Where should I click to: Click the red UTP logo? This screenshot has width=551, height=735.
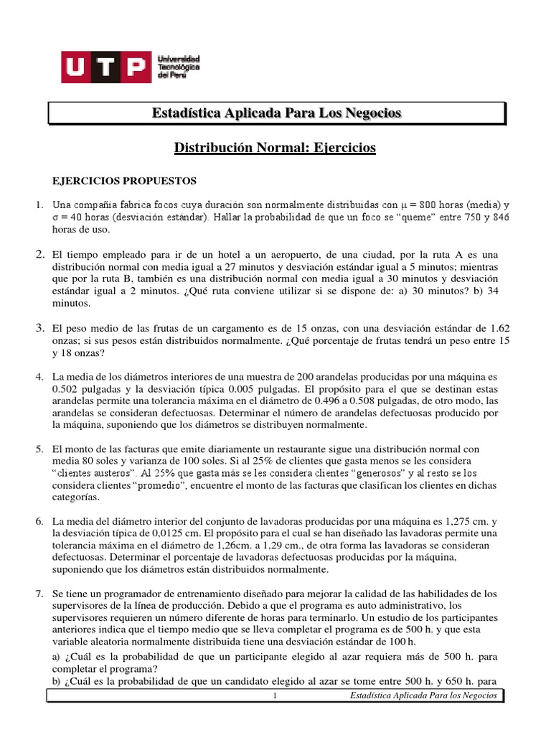point(105,67)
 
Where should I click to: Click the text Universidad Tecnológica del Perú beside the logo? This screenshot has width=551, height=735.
point(178,67)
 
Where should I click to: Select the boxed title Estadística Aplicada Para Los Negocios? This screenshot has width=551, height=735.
point(277,113)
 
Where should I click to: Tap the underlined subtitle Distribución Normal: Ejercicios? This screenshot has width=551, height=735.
point(275,149)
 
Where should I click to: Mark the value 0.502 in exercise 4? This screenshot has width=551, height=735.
point(67,389)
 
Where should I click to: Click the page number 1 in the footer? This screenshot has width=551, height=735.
point(275,696)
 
